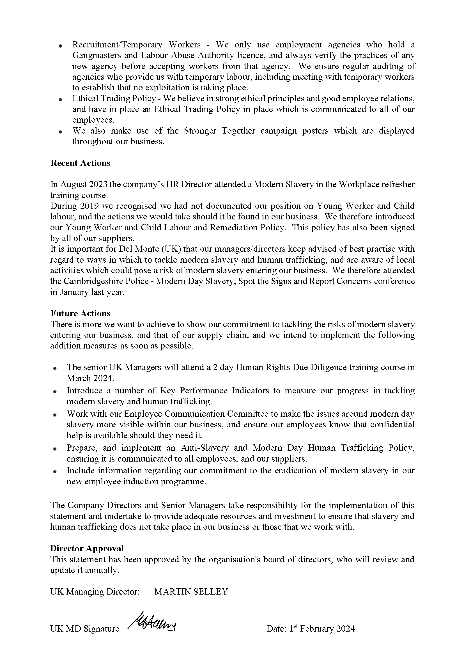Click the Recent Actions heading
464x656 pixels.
point(80,163)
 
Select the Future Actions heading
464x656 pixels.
point(80,313)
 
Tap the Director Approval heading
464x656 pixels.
point(87,548)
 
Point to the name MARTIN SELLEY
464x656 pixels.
point(191,591)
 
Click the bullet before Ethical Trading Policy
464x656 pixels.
point(60,100)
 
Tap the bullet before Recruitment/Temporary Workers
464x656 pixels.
point(60,46)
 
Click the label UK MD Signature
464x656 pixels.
point(84,629)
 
